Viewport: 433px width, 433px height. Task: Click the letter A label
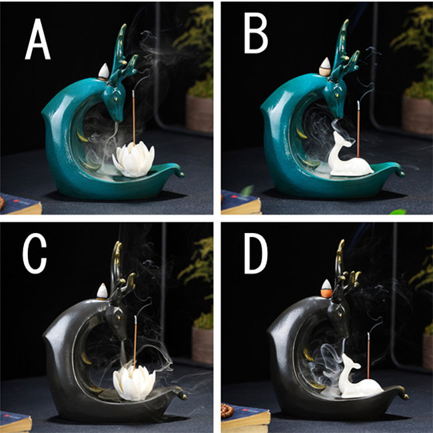(37, 39)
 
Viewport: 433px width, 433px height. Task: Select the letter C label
(35, 253)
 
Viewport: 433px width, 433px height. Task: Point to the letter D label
(256, 253)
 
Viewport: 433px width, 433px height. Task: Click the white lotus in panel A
(133, 160)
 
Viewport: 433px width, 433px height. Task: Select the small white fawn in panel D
(359, 378)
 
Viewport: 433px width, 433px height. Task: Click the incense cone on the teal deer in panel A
(104, 71)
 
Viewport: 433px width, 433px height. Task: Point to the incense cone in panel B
(325, 67)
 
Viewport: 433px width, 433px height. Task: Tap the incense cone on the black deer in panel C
(102, 291)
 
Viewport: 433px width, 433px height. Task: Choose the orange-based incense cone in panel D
(326, 288)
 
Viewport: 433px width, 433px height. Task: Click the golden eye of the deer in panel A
(116, 98)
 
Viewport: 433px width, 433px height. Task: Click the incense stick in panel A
(134, 118)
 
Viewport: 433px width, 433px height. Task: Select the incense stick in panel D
(368, 356)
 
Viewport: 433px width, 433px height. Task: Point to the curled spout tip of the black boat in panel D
(405, 396)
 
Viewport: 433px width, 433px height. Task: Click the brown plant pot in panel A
(199, 113)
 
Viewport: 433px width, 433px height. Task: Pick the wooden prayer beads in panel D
(227, 410)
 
